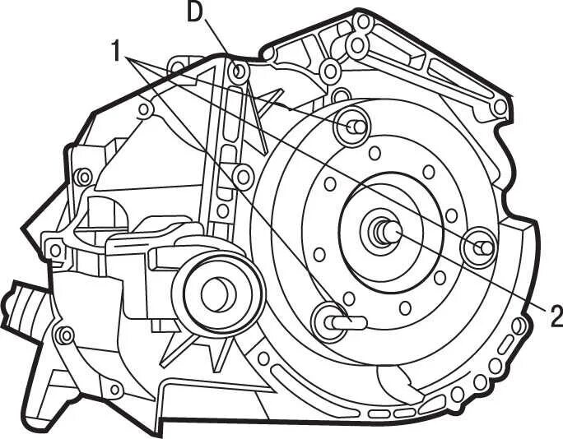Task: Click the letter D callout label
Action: [194, 12]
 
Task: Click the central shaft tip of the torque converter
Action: [389, 233]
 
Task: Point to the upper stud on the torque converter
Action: [355, 126]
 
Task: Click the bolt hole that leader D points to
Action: [240, 71]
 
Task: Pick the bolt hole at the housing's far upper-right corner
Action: [500, 107]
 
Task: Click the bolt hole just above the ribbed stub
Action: [55, 249]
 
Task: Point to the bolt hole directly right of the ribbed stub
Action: [64, 335]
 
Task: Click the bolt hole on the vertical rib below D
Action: [242, 175]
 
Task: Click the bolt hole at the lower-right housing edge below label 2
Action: [518, 326]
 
